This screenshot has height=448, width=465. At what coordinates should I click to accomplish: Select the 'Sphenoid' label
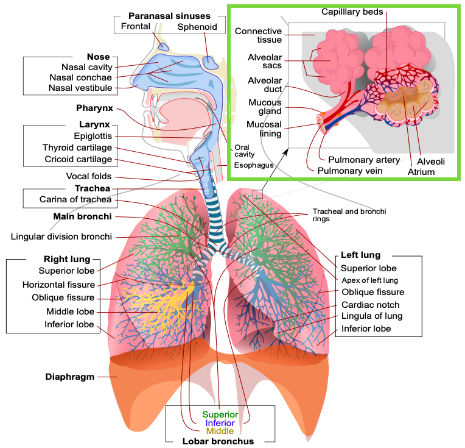(197, 27)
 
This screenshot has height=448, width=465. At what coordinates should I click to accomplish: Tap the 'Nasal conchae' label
(81, 77)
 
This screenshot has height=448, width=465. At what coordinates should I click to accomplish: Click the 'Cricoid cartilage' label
(79, 160)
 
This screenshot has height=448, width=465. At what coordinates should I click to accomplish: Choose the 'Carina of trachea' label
(75, 199)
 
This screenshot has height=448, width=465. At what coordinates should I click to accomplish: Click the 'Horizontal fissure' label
(58, 285)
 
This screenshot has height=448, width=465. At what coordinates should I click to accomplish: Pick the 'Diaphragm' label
(70, 377)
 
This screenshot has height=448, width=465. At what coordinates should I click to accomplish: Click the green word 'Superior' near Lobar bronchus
(220, 415)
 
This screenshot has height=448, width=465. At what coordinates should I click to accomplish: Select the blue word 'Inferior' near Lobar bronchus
(220, 423)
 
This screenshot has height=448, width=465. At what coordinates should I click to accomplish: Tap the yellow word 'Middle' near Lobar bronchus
(220, 431)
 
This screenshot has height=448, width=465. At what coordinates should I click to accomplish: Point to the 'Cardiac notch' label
(370, 305)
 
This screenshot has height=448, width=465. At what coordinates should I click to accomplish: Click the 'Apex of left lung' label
(369, 280)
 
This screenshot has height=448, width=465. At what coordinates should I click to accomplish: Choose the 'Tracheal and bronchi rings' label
(349, 215)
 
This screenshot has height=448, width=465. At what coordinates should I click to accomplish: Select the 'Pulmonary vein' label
(350, 171)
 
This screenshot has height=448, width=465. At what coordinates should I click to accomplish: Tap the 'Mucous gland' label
(265, 107)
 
